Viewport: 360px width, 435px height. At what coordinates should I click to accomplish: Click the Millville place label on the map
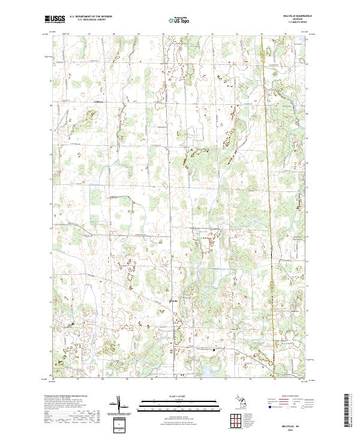pyautogui.click(x=173, y=300)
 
